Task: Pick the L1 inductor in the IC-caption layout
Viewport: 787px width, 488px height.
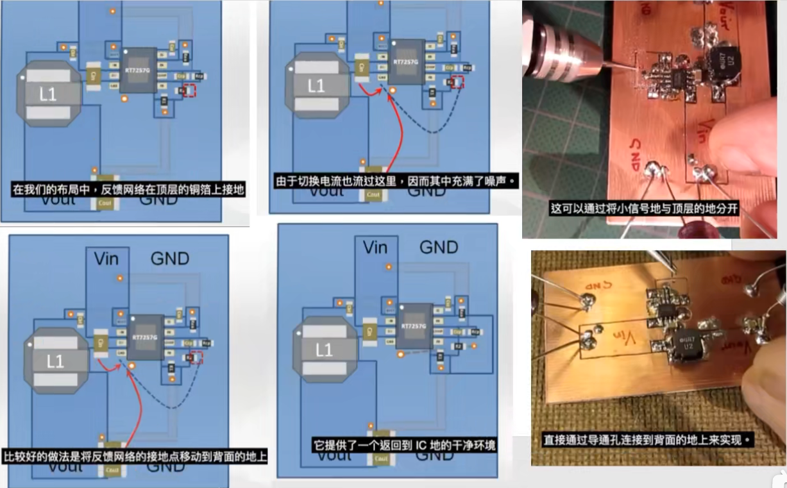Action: (325, 349)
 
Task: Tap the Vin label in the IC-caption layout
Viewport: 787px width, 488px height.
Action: (375, 247)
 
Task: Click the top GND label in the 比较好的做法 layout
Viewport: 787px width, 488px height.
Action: (169, 258)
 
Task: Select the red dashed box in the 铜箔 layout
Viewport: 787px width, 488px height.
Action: (188, 91)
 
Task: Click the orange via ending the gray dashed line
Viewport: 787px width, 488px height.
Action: (400, 354)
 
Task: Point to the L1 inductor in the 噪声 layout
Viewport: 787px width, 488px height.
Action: (316, 85)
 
